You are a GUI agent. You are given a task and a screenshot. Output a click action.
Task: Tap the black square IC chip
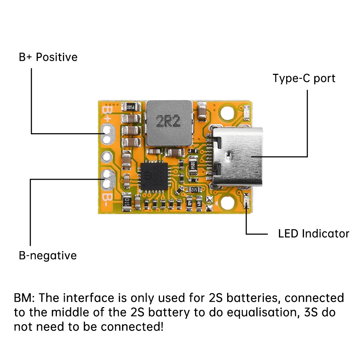click(x=154, y=176)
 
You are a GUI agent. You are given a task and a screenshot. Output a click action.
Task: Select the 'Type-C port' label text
click(x=304, y=78)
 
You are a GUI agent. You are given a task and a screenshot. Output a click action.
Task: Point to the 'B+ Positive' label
click(x=48, y=57)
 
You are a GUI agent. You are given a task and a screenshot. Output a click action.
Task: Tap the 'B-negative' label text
click(x=48, y=256)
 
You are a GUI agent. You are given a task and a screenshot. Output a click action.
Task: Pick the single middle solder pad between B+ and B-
click(x=107, y=157)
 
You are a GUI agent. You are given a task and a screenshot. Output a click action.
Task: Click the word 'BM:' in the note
click(x=24, y=298)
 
